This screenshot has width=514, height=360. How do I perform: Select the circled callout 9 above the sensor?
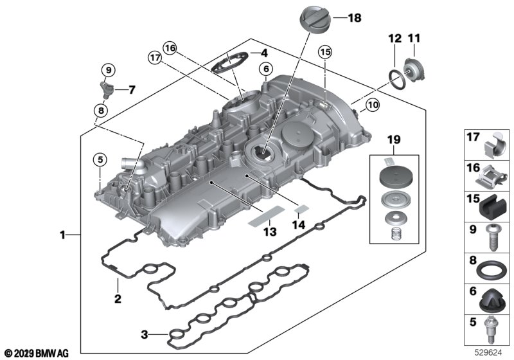coord(109,70)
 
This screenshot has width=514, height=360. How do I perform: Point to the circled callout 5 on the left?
coord(100,159)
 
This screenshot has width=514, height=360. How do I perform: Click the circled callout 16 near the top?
coord(170,47)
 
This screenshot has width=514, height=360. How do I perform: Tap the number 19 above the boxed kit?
coord(394,139)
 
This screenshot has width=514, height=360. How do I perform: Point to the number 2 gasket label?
coord(118,298)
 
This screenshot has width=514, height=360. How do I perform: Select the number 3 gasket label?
coord(145,334)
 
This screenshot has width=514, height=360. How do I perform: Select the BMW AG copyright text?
coord(36,353)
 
